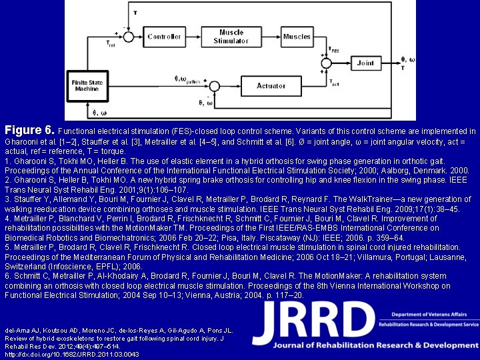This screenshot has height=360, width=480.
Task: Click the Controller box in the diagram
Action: (x=164, y=37)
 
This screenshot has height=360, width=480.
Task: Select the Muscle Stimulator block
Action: (x=231, y=37)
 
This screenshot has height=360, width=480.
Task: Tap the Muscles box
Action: (x=297, y=37)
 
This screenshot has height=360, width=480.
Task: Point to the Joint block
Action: (x=365, y=63)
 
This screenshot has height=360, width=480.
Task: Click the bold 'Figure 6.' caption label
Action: (x=30, y=130)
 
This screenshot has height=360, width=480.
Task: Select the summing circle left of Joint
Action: (x=326, y=63)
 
